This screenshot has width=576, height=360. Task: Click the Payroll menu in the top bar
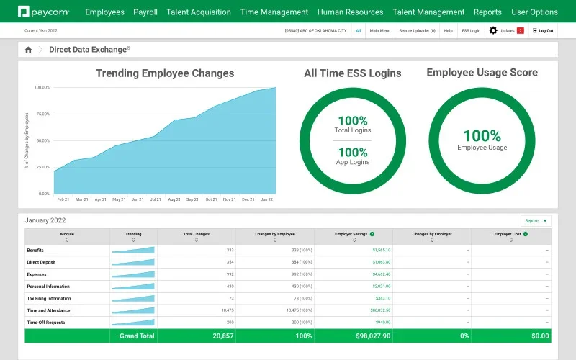coord(145,12)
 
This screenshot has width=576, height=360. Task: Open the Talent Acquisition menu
coord(199,12)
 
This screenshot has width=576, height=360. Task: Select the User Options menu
coord(534,12)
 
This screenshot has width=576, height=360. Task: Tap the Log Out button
coord(544,30)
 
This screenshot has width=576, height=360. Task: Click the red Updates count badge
coord(520,30)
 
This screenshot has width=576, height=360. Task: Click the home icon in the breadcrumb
coord(28,50)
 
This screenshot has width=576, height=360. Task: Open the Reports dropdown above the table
coord(536,221)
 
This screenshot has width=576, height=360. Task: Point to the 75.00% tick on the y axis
coord(42,114)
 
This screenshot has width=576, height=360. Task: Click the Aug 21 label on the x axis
coord(174,199)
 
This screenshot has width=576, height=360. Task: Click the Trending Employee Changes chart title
coord(165,73)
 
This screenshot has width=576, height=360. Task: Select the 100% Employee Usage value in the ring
coord(482,135)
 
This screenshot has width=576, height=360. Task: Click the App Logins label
coord(353,162)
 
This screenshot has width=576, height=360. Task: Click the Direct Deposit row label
coord(42,262)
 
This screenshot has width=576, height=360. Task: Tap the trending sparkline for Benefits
coord(133,250)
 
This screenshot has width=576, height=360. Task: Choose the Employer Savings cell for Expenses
coord(381,274)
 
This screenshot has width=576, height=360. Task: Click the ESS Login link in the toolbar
coord(471,30)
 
